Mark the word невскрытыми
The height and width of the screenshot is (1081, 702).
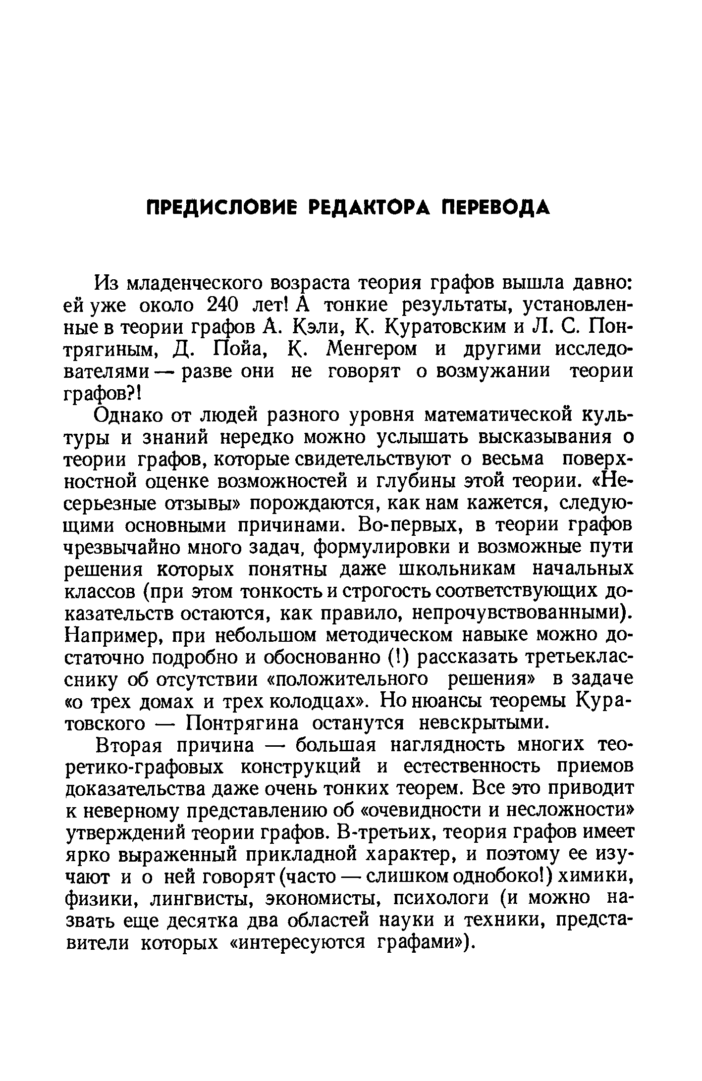click(x=484, y=723)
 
